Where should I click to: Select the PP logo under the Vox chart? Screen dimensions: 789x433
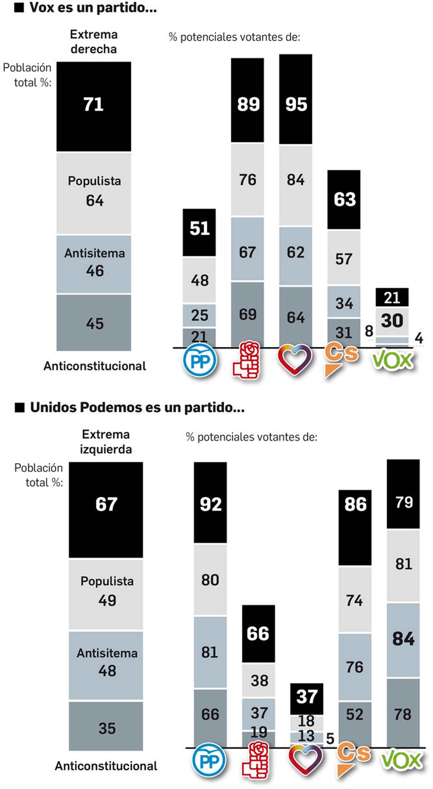click(200, 361)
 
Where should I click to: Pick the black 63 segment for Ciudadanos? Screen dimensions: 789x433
click(344, 199)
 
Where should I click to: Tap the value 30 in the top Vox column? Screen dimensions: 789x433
click(392, 321)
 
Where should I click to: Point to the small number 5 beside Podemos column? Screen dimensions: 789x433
click(330, 739)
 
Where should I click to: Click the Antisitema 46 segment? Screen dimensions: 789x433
click(94, 264)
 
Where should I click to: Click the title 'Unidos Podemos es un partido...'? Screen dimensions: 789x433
click(137, 408)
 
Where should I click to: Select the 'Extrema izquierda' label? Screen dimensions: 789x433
click(106, 442)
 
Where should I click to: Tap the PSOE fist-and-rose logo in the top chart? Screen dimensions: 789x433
click(247, 361)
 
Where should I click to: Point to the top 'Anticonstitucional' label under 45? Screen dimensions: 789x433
click(95, 366)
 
